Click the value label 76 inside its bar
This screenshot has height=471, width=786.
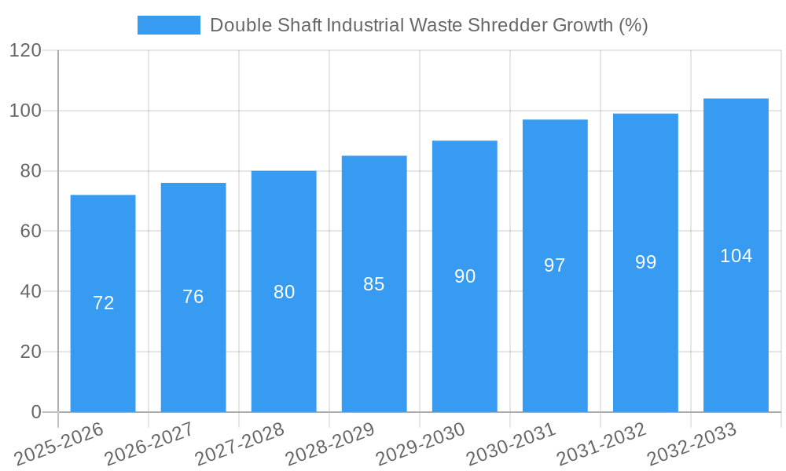point(193,297)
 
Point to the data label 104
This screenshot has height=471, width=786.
point(736,256)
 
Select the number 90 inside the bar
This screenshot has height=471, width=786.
point(465,276)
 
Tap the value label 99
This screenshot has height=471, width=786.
point(645,262)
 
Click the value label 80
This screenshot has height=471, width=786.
point(284,292)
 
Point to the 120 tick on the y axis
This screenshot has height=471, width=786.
point(25,51)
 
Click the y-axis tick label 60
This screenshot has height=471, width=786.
point(31,232)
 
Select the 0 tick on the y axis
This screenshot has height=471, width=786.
point(35,412)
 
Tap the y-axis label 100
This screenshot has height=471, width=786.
point(25,111)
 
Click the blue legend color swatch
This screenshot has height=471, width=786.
point(169,25)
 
